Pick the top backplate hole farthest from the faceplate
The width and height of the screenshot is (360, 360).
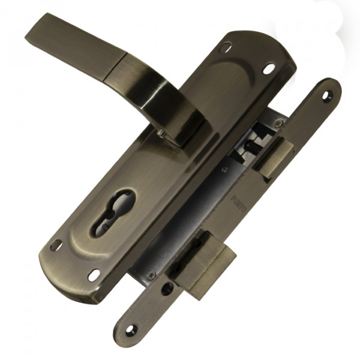point(226,47)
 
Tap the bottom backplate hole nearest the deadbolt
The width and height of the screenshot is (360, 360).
point(94,274)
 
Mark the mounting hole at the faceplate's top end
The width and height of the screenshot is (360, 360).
point(326,95)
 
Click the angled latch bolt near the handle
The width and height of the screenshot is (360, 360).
point(274,156)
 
